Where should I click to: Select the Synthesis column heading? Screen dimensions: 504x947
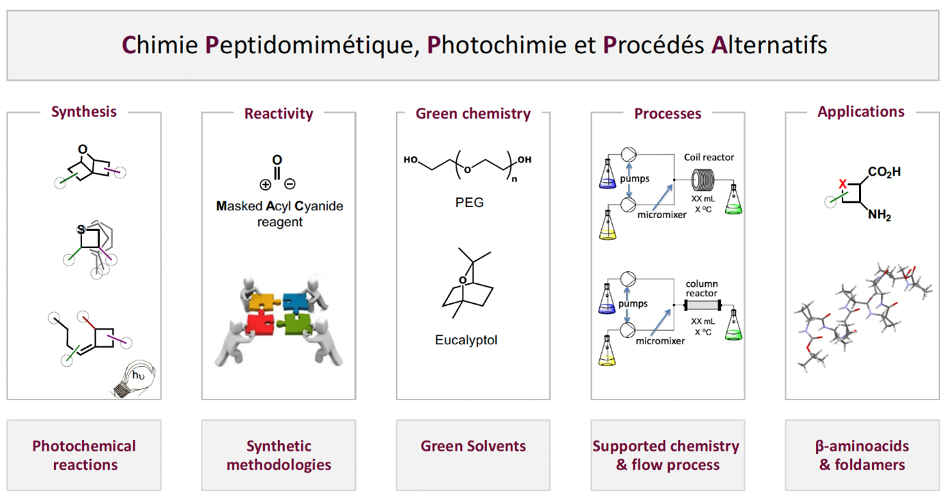coord(83,111)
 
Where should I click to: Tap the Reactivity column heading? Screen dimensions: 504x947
coord(278,113)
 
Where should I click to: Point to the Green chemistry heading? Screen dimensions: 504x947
coord(473,113)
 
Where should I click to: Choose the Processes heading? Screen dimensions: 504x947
coord(668,113)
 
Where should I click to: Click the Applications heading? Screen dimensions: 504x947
coord(861,111)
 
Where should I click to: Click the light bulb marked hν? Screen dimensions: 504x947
coord(135,378)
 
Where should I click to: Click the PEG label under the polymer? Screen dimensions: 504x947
coord(469,203)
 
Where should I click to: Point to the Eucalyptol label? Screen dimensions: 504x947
coord(466,339)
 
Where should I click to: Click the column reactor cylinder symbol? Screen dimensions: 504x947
coord(702,305)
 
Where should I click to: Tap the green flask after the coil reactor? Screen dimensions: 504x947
coord(733,200)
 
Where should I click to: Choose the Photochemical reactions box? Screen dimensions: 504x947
coord(84,455)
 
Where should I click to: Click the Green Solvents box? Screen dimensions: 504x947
coord(473,447)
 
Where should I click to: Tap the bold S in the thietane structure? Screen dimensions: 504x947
coord(82,230)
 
